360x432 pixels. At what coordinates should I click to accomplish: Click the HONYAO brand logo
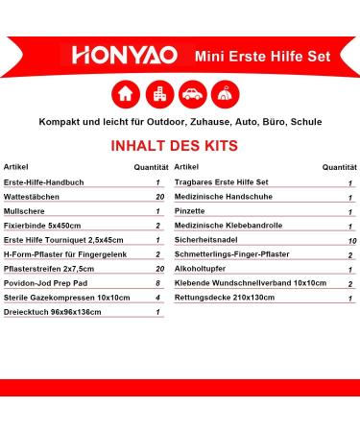coord(118,57)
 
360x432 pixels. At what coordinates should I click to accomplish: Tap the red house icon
coord(123,94)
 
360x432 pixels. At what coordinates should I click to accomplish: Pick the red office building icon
coord(156,94)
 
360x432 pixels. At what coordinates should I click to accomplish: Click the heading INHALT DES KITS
coord(180,148)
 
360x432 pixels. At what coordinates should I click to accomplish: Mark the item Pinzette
coord(190,211)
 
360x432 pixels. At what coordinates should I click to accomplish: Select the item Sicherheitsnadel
coord(203,240)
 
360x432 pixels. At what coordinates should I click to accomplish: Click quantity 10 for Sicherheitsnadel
coord(350,240)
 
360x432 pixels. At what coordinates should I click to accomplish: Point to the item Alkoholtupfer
coord(198,270)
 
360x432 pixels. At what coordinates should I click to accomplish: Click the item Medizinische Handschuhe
coord(219,197)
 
